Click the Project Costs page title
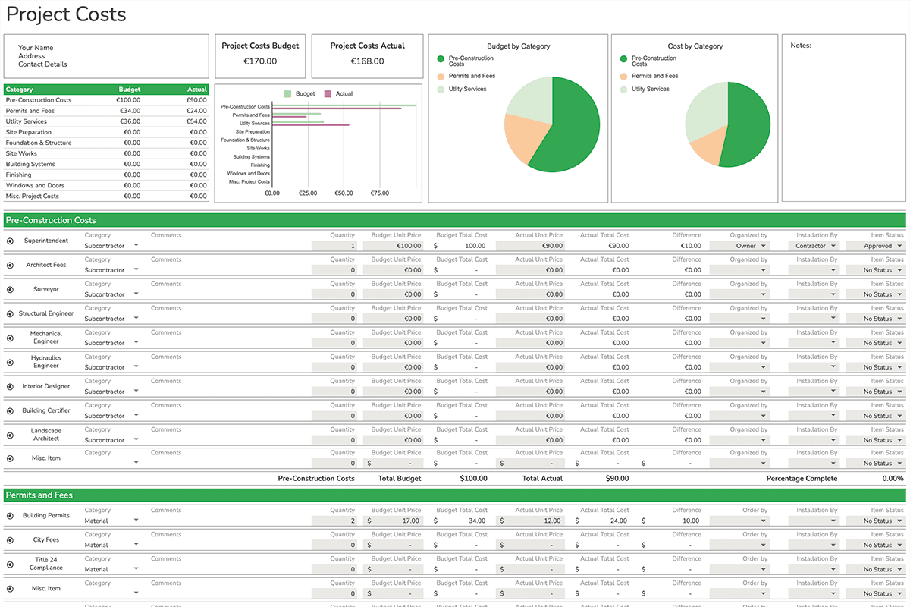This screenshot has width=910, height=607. (66, 14)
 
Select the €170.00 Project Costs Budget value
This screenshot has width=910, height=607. (260, 61)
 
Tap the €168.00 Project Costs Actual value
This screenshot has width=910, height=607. (367, 61)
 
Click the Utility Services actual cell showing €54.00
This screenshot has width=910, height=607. (196, 121)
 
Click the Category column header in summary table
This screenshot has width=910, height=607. (20, 90)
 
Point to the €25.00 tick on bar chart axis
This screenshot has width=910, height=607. (308, 193)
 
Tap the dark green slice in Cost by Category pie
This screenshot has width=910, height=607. (747, 125)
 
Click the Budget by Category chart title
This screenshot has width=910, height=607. (518, 46)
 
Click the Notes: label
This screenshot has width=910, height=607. (800, 46)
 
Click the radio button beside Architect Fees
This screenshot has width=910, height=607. (10, 266)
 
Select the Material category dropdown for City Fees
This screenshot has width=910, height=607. (111, 545)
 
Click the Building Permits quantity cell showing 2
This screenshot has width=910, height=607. (334, 521)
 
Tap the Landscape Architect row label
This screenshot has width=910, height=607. (46, 435)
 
